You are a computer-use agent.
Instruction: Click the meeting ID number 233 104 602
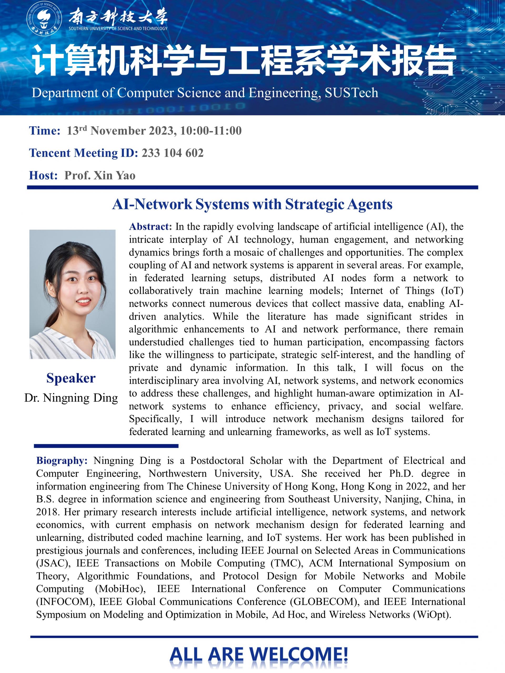coord(173,153)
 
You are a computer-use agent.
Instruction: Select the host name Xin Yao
coord(114,176)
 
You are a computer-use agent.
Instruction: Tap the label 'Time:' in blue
coord(45,131)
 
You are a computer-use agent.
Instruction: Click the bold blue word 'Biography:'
coord(62,461)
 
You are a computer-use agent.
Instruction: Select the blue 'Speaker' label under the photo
coord(71,378)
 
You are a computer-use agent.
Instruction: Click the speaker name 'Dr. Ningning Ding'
coord(71,398)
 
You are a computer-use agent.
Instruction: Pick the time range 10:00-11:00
coord(211,131)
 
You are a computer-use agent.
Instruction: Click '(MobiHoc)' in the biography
coord(120,589)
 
